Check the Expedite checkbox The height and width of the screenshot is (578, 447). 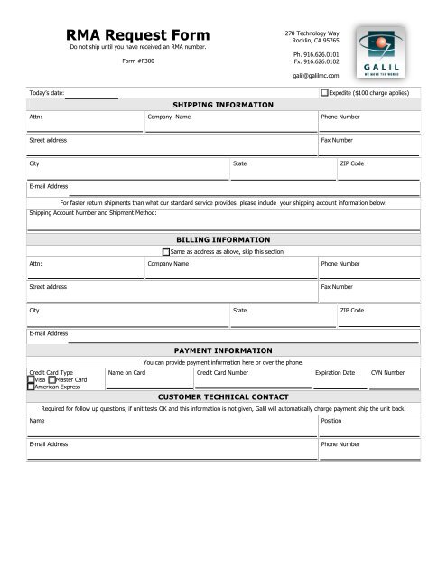coord(325,93)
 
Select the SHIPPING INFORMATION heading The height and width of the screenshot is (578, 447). coord(222,106)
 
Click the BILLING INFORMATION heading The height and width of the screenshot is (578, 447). coord(222,240)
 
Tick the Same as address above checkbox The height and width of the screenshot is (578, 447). coord(165,252)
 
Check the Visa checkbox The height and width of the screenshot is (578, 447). coord(32,380)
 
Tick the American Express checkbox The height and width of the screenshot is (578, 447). coord(32,387)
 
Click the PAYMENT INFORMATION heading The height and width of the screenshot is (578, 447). coord(222,350)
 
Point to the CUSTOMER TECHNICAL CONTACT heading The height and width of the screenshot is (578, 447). coord(222,396)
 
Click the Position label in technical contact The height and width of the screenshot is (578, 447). coord(332,421)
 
